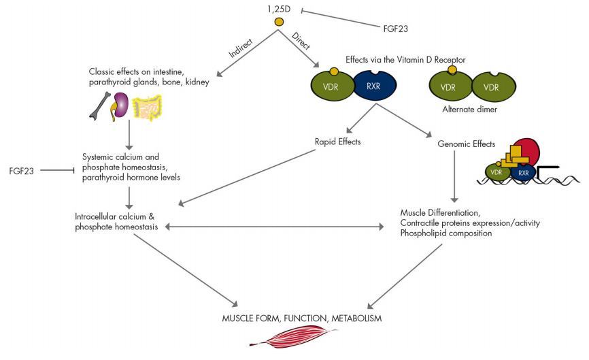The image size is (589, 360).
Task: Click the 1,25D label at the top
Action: (x=280, y=10)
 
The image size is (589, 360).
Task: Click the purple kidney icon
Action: (x=120, y=107)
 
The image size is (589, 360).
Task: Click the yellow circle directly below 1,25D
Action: (x=279, y=23)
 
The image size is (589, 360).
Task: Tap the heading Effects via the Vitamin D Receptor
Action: (x=405, y=60)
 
